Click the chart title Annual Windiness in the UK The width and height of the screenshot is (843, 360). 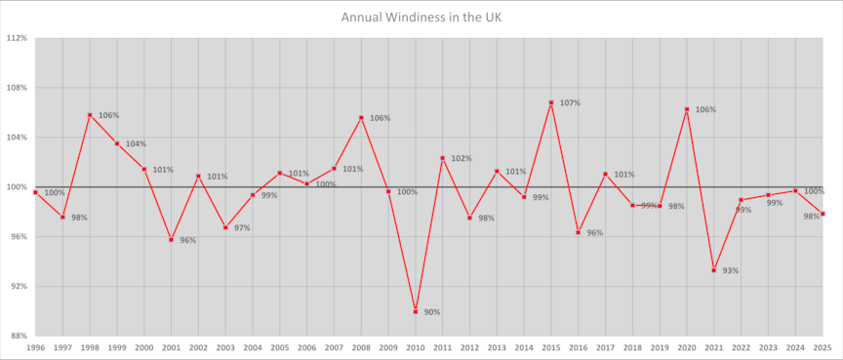tap(421, 17)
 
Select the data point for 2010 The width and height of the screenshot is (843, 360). tap(416, 311)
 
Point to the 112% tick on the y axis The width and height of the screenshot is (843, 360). tap(17, 38)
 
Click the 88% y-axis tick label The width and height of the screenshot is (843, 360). tap(19, 336)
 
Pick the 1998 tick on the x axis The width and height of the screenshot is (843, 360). tap(90, 347)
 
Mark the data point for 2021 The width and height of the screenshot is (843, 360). tap(714, 270)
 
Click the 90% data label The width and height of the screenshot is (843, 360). tap(432, 312)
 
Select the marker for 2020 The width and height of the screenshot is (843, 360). tap(687, 109)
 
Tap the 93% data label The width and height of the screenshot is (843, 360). tap(731, 270)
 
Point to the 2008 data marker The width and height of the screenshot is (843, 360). tap(362, 118)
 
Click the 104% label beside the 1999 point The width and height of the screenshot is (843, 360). tap(136, 143)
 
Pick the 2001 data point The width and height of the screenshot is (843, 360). tap(172, 239)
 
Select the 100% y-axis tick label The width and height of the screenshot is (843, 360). tap(17, 186)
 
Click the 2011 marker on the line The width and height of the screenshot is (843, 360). tap(442, 158)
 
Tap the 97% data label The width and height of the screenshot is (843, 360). tap(242, 227)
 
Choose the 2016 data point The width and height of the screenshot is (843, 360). tap(579, 232)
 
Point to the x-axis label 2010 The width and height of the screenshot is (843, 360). tap(416, 347)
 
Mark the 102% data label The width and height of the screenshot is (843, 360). tap(462, 158)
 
